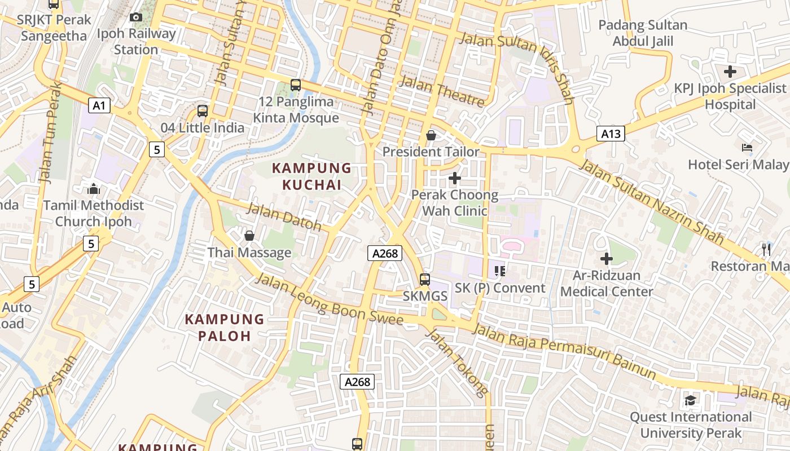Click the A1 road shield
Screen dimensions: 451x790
[99, 105]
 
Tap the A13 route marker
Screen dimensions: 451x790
[611, 134]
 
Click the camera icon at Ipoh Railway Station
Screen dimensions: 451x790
[136, 17]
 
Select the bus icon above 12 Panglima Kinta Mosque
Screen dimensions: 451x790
[295, 85]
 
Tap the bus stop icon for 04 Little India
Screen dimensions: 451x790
[203, 111]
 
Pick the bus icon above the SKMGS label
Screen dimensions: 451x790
[424, 279]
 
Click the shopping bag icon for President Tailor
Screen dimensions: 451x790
[431, 135]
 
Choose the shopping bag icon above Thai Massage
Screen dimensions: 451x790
[249, 236]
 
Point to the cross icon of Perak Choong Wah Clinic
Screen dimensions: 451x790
[454, 179]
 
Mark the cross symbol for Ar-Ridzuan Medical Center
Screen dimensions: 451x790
[607, 259]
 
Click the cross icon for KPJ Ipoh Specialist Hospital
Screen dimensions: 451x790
[730, 72]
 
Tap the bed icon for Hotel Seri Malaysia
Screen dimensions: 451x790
[747, 148]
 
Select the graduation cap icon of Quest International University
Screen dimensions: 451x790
[690, 401]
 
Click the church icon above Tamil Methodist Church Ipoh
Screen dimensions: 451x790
[94, 189]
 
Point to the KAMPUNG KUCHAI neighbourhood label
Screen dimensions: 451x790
[312, 176]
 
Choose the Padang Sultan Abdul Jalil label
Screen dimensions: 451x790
[643, 33]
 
